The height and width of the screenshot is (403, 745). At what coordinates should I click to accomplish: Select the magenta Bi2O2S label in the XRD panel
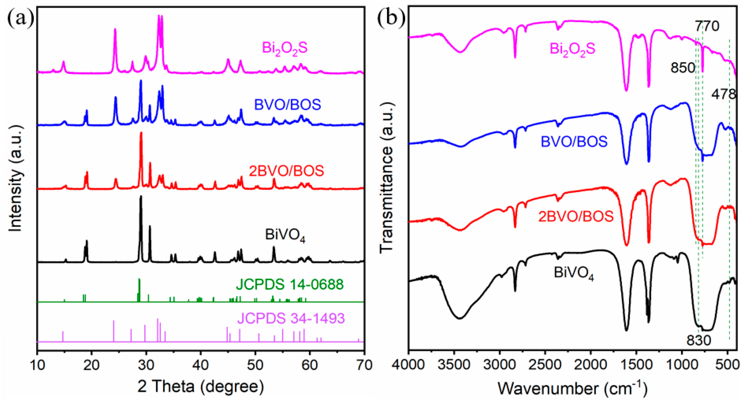(x=285, y=48)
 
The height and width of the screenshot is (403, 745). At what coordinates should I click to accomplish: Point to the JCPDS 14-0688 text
(x=290, y=284)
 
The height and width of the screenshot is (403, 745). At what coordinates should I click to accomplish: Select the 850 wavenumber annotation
(x=682, y=68)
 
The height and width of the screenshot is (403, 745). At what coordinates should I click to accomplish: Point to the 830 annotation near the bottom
(x=699, y=340)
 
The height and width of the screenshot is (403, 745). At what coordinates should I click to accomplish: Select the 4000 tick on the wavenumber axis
(x=409, y=365)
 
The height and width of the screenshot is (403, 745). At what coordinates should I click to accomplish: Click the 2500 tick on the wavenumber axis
(x=545, y=365)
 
